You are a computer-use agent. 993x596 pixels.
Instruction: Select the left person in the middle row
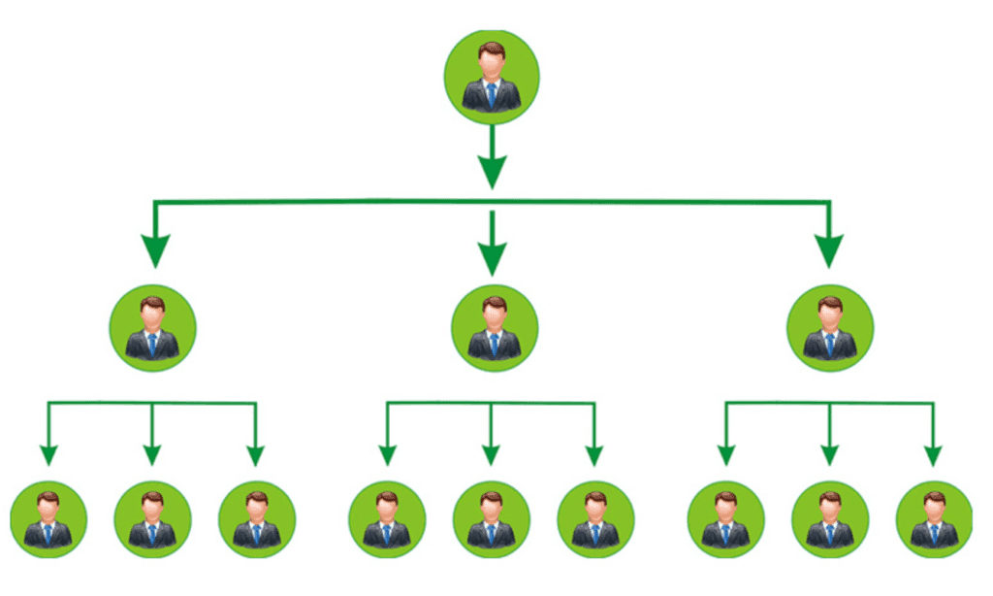pyautogui.click(x=153, y=328)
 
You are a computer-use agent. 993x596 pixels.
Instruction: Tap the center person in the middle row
pyautogui.click(x=494, y=328)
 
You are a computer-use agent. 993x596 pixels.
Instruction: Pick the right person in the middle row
pyautogui.click(x=830, y=328)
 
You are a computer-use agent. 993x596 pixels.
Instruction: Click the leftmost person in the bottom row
pyautogui.click(x=48, y=518)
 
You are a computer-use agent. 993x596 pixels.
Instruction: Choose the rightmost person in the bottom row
pyautogui.click(x=934, y=518)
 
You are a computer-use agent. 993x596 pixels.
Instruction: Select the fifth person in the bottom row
pyautogui.click(x=491, y=518)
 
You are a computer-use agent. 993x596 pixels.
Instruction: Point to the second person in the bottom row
pyautogui.click(x=152, y=518)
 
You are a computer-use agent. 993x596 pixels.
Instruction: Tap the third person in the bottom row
pyautogui.click(x=257, y=518)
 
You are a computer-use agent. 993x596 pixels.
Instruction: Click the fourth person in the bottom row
pyautogui.click(x=386, y=518)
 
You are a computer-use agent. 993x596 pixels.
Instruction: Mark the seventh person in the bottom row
pyautogui.click(x=725, y=518)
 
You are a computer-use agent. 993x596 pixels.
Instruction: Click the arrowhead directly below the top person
pyautogui.click(x=493, y=173)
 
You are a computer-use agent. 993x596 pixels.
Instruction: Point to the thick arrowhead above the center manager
pyautogui.click(x=493, y=257)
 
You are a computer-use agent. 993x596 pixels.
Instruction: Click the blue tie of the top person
pyautogui.click(x=492, y=94)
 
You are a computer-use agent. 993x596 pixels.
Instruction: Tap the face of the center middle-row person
pyautogui.click(x=494, y=315)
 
